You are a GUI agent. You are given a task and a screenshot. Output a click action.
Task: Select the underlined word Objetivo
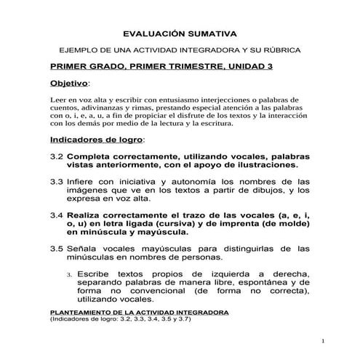[68, 84]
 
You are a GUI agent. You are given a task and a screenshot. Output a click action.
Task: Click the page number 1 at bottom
[321, 340]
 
